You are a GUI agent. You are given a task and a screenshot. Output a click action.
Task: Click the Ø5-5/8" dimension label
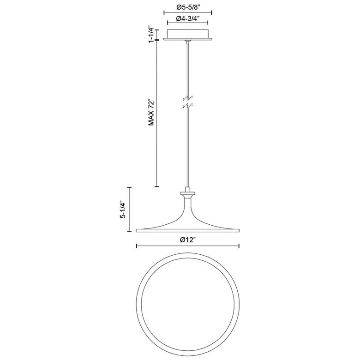click(x=188, y=7)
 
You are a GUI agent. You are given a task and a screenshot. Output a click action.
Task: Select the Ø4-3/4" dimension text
click(x=188, y=18)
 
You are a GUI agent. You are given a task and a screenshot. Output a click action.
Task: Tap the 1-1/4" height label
click(x=151, y=34)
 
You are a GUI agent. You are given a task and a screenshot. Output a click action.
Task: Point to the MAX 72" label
click(x=151, y=112)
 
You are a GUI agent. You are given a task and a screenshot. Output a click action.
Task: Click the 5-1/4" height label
click(x=124, y=210)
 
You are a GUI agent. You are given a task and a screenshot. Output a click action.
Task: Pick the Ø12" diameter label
click(x=187, y=240)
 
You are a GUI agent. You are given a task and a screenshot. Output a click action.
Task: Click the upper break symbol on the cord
click(x=187, y=98)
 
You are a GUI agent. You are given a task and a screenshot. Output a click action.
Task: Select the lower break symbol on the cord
click(x=187, y=106)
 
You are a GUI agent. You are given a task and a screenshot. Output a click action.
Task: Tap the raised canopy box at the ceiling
click(x=187, y=34)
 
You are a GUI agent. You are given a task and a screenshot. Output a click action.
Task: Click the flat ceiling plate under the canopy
click(x=187, y=39)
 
